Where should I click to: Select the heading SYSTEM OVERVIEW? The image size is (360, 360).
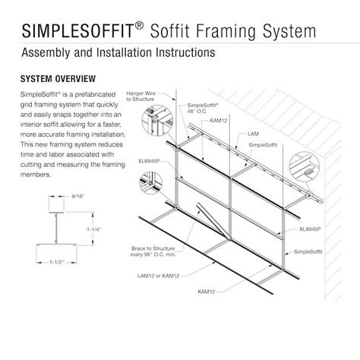point(57,78)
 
